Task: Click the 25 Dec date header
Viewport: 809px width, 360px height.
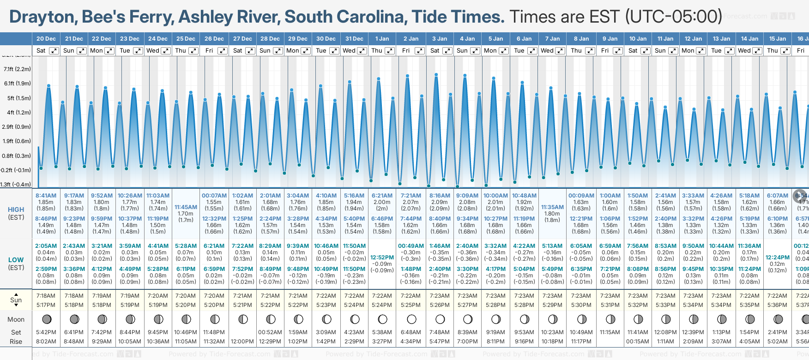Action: click(186, 39)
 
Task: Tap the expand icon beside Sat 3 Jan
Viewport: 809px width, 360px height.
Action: click(447, 51)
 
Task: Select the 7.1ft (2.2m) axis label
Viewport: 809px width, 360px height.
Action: click(17, 69)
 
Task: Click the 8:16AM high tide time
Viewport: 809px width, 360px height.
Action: click(440, 196)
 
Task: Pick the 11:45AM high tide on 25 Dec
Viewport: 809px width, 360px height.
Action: click(186, 207)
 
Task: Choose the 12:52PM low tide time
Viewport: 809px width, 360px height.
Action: click(382, 258)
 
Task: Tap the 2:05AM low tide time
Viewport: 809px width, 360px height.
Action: click(46, 246)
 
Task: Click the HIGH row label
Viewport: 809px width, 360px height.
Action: click(16, 210)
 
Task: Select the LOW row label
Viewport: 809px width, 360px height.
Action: click(16, 260)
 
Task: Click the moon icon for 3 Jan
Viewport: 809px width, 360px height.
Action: click(440, 319)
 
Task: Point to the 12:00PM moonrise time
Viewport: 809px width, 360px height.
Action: click(242, 342)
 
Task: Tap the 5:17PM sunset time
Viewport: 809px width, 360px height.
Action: click(46, 305)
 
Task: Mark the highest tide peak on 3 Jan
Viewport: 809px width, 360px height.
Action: click(436, 74)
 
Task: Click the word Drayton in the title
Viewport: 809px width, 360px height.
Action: click(43, 17)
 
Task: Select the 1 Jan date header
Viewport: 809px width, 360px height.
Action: click(382, 39)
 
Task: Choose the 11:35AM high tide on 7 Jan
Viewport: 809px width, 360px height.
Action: click(552, 207)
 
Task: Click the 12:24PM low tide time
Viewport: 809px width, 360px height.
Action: click(777, 258)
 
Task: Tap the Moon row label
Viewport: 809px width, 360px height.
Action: click(16, 319)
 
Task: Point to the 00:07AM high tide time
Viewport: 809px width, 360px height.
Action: click(214, 196)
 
